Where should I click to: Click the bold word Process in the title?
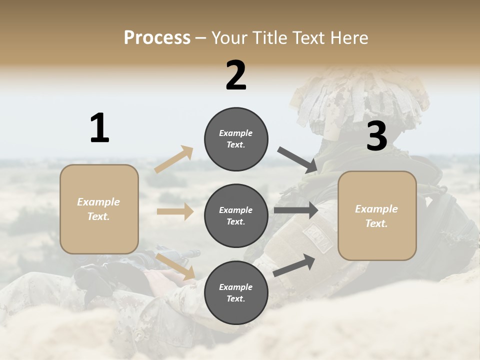click(x=157, y=37)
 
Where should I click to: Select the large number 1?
click(x=99, y=128)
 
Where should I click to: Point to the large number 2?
click(x=236, y=75)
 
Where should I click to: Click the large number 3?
click(x=376, y=136)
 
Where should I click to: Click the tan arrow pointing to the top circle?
click(x=174, y=159)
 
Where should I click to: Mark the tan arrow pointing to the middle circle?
click(x=175, y=211)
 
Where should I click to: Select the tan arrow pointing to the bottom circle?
click(x=175, y=266)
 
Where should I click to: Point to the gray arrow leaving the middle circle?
click(x=295, y=210)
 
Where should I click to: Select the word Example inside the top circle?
click(x=235, y=133)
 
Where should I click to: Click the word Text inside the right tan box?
click(x=376, y=223)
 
